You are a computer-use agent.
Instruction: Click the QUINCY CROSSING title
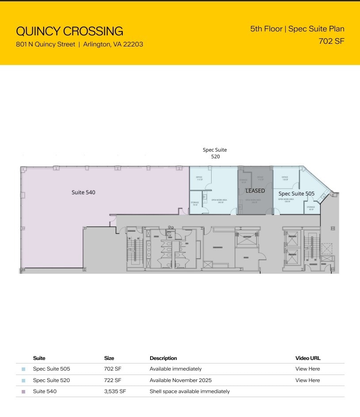[69, 31]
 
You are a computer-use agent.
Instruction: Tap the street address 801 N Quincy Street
[45, 44]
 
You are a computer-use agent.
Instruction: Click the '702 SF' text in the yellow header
[331, 41]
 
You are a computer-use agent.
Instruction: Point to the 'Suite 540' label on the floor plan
[83, 192]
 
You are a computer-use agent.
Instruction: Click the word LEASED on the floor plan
[255, 191]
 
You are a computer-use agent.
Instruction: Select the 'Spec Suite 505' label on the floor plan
[296, 194]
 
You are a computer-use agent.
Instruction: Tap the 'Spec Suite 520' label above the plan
[215, 153]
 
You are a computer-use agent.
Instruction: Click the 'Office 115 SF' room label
[199, 178]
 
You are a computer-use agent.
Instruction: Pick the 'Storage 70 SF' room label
[195, 204]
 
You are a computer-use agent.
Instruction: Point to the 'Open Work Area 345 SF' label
[219, 201]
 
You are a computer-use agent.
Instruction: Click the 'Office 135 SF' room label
[285, 178]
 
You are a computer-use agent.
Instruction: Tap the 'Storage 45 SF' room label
[311, 208]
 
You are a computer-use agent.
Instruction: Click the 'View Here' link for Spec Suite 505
[307, 369]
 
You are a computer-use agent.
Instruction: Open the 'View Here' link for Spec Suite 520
[307, 380]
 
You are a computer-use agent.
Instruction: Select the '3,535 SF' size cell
[115, 391]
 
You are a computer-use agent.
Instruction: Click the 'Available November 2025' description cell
[180, 380]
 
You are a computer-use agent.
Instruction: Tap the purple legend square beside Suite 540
[23, 392]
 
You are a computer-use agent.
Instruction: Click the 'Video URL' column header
[308, 358]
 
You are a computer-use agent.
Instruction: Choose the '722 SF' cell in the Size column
[113, 380]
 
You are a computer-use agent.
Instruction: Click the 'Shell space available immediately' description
[189, 391]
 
